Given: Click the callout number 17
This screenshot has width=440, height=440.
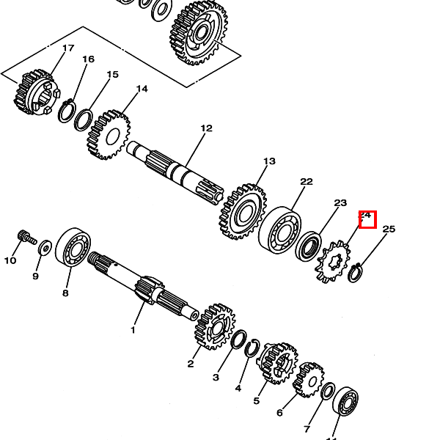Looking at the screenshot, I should [x=68, y=48].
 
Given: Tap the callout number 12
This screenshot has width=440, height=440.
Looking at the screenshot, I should [x=206, y=128].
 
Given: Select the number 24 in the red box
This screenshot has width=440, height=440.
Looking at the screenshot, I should [x=367, y=218].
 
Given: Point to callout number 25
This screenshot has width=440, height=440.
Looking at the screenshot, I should [x=389, y=229].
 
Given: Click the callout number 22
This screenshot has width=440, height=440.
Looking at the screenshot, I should [x=307, y=182].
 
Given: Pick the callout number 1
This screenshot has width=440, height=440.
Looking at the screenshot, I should [x=133, y=330].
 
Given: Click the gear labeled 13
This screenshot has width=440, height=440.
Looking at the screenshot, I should [x=242, y=213].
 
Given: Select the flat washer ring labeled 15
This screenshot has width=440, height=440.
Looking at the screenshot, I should [x=84, y=118].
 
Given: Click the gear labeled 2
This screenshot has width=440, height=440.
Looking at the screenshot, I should [x=213, y=326].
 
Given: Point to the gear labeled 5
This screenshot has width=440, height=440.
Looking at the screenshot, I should [x=277, y=363].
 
